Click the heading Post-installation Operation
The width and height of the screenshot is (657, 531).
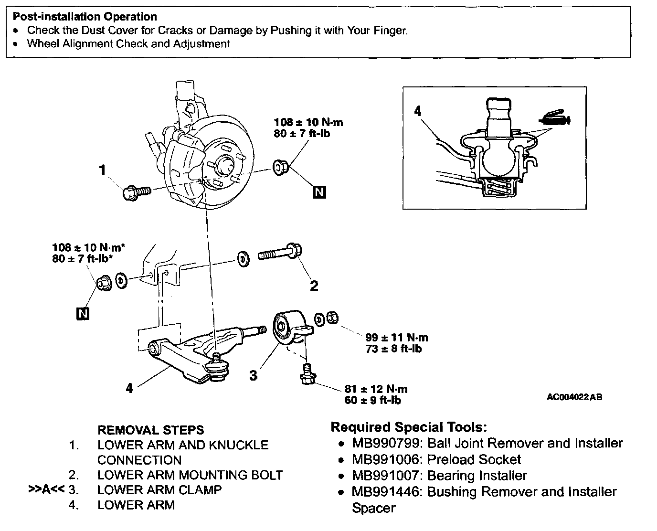click(85, 17)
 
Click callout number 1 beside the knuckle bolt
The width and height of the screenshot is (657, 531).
click(102, 170)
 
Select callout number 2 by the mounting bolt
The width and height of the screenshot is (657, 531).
click(314, 286)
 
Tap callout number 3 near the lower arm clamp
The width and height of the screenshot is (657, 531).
click(253, 375)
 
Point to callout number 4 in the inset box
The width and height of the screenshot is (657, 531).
click(418, 111)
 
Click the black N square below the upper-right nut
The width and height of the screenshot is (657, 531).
click(319, 192)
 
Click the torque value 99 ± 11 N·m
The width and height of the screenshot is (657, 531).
click(396, 338)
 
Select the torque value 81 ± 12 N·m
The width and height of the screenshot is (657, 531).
click(376, 389)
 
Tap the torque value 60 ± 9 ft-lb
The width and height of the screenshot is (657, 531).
click(372, 400)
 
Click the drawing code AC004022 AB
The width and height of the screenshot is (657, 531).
click(574, 397)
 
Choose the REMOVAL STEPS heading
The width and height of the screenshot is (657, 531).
click(150, 430)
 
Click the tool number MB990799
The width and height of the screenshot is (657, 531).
click(387, 443)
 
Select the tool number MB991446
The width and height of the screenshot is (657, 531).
click(387, 492)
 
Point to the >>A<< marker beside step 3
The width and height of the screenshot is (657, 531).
click(46, 490)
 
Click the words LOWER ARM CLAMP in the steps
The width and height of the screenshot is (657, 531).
click(159, 490)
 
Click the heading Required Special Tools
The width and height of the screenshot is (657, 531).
click(409, 427)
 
